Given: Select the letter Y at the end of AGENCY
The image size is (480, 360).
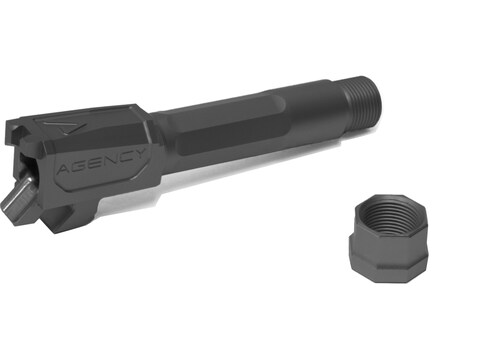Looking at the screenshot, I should click(x=139, y=154).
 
